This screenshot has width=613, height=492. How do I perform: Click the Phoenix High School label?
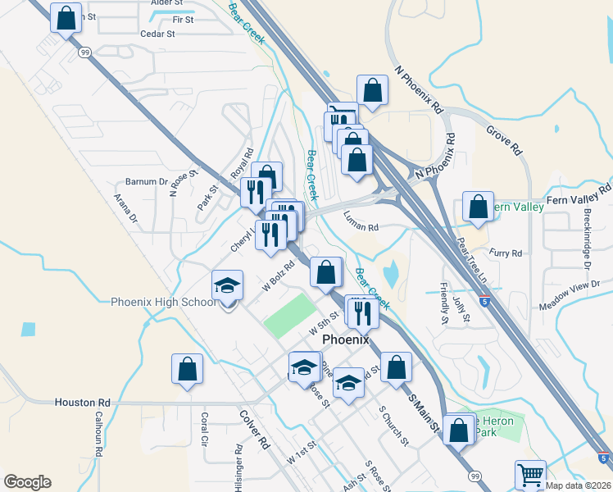pyautogui.click(x=164, y=302)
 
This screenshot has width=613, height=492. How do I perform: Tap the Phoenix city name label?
pyautogui.click(x=346, y=339)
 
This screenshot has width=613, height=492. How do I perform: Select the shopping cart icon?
pyautogui.click(x=530, y=475)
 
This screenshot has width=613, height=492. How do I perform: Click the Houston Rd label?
pyautogui.click(x=82, y=403)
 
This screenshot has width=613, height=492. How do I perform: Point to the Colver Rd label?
pyautogui.click(x=255, y=428)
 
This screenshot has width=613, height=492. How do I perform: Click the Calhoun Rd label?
pyautogui.click(x=98, y=432)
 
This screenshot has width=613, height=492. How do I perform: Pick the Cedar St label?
pyautogui.click(x=158, y=34)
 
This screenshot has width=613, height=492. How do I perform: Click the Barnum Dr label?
pyautogui.click(x=147, y=181)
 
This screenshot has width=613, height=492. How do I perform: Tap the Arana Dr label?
pyautogui.click(x=126, y=208)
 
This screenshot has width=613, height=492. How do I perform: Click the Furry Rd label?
pyautogui.click(x=505, y=253)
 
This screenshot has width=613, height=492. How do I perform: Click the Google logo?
pyautogui.click(x=27, y=482)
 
